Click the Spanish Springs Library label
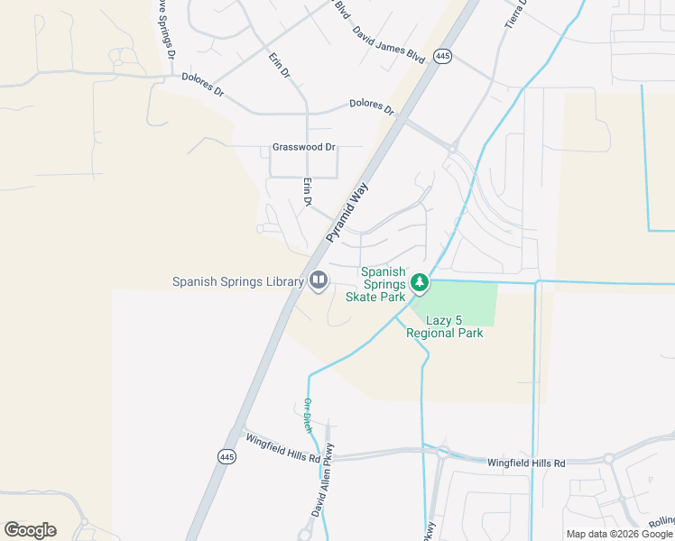(x=238, y=282)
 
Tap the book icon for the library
(x=318, y=281)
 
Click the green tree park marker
(x=419, y=283)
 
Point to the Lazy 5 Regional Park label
(x=445, y=326)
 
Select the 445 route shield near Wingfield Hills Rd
(x=227, y=457)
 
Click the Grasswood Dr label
(x=303, y=147)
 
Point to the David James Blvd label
(x=388, y=42)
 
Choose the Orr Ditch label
(x=308, y=415)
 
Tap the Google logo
(x=30, y=530)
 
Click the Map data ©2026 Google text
(x=619, y=534)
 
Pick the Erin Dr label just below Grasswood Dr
(x=306, y=192)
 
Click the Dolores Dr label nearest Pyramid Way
(x=372, y=107)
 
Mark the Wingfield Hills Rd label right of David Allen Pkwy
(x=526, y=463)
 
